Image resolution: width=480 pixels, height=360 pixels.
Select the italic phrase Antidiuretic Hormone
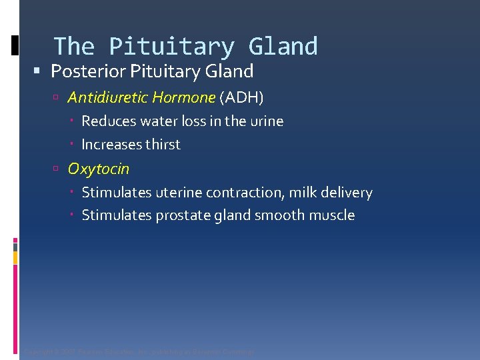click(141, 98)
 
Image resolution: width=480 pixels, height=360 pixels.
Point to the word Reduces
click(107, 121)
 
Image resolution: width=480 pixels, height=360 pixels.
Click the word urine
click(267, 121)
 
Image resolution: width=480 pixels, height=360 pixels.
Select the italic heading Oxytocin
click(99, 169)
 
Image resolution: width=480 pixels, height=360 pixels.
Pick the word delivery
click(347, 193)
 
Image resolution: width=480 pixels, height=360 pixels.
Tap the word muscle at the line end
click(332, 215)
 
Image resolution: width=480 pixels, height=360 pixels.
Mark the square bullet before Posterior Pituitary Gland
click(42, 71)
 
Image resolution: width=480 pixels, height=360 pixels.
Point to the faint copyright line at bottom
click(139, 351)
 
